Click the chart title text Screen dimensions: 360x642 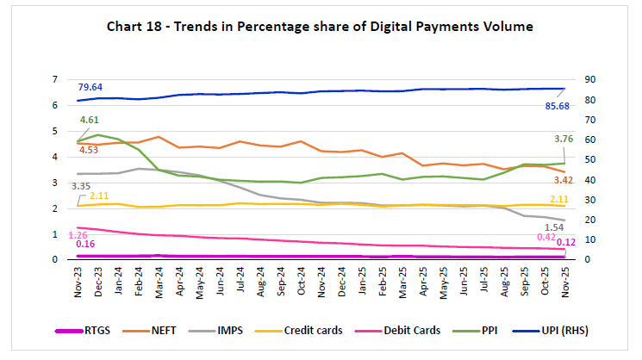tap(320, 28)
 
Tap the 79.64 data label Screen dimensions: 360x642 tap(90, 88)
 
